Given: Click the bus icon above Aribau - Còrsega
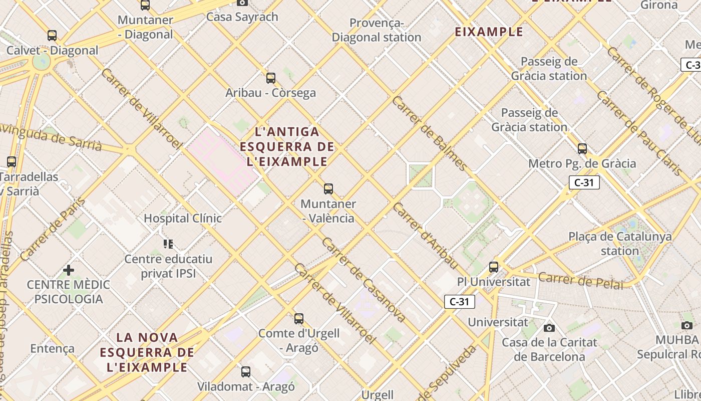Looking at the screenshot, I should (271, 78).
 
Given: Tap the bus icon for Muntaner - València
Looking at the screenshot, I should (328, 189).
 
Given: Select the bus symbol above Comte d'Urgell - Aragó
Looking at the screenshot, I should (299, 319).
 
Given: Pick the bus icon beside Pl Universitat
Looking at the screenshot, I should (494, 267).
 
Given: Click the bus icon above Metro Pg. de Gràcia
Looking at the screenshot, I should (582, 149).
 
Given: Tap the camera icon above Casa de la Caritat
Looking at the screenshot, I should (549, 328).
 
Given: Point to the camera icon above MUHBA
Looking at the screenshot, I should (687, 325).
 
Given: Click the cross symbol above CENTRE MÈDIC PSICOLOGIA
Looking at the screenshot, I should (69, 271).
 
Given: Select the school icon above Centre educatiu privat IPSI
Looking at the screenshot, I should (168, 244).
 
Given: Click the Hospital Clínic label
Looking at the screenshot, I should (182, 219).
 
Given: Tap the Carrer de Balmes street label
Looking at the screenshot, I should (429, 133).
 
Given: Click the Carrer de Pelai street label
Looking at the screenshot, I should (581, 281).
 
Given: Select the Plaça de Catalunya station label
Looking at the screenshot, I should (620, 244).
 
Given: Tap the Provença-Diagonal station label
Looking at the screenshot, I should (377, 30).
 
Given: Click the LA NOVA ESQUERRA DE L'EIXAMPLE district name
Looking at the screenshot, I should (147, 352).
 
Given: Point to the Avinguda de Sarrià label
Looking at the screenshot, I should (50, 136).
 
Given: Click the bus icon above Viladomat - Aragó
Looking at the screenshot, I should (246, 372).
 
